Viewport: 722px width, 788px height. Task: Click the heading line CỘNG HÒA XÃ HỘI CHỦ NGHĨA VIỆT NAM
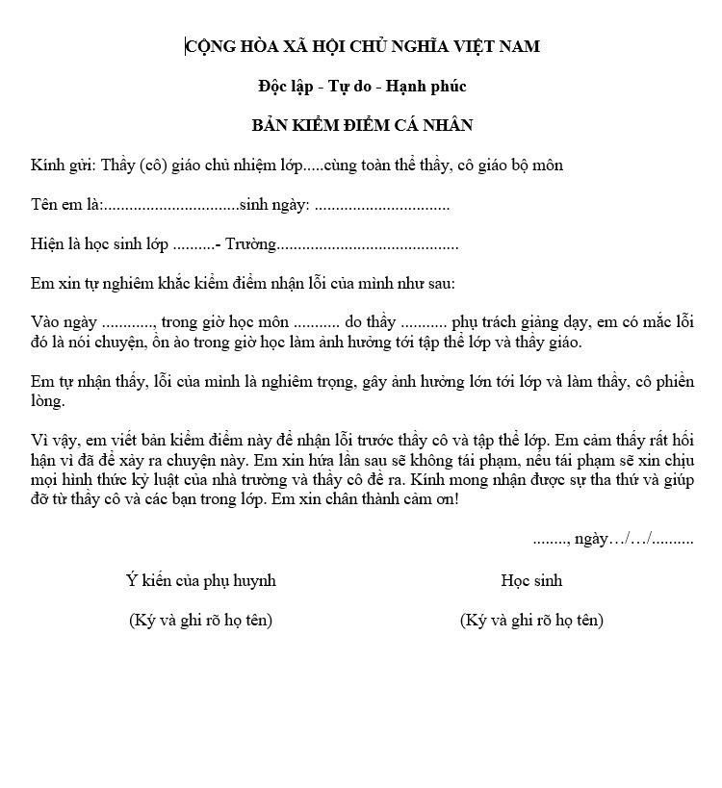[x=362, y=46]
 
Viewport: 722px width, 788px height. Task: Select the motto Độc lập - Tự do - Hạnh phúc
[x=362, y=87]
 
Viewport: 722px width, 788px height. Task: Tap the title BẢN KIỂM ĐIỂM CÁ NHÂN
[x=362, y=126]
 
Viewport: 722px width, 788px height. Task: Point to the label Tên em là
[x=64, y=205]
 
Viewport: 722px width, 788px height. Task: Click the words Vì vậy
[x=52, y=441]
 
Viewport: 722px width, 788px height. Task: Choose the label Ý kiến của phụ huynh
[x=200, y=580]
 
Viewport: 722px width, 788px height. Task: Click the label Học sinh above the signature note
[x=531, y=580]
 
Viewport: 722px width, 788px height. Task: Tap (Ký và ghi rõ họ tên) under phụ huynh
[x=200, y=621]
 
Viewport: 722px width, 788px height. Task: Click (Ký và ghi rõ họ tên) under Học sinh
[x=531, y=621]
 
